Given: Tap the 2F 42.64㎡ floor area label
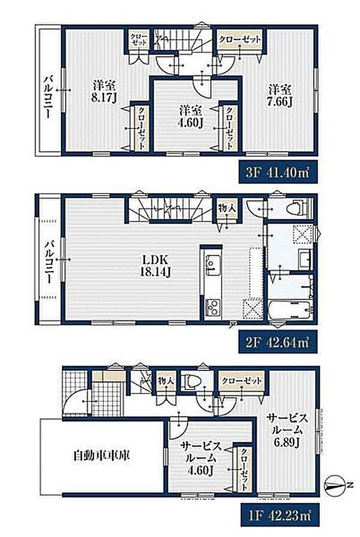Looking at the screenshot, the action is click(278, 342).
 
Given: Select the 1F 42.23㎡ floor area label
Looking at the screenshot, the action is click(280, 514).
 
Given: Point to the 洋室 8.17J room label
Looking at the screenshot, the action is click(105, 92).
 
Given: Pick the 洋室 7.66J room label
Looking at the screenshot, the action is click(280, 96).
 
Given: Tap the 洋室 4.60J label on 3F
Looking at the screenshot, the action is click(190, 117).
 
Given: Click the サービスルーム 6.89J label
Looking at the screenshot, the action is click(287, 431).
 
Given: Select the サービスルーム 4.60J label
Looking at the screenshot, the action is click(201, 458).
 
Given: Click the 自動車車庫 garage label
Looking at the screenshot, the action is click(102, 456).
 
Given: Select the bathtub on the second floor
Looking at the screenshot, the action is click(290, 310).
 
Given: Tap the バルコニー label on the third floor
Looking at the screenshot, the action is click(48, 98).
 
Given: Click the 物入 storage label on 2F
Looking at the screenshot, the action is click(228, 208).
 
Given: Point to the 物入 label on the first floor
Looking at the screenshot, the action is click(166, 380).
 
